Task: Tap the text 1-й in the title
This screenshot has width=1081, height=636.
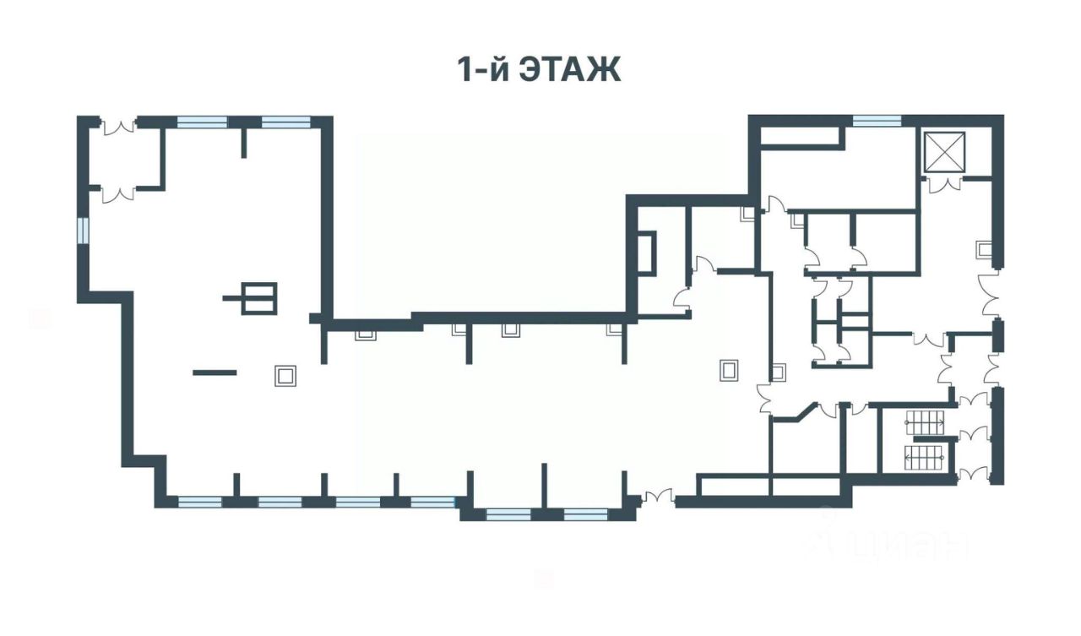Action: point(482,70)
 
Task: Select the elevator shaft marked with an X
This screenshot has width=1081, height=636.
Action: point(942,151)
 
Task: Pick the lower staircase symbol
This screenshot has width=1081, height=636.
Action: point(923,459)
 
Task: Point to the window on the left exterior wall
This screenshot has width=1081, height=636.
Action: point(83,231)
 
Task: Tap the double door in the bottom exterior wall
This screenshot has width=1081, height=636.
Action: point(656,498)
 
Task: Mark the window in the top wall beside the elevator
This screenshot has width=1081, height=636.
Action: point(877,121)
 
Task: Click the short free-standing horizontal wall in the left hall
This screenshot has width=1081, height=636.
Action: point(215,372)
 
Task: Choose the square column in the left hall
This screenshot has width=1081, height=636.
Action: point(285,375)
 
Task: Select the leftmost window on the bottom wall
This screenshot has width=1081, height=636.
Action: point(200,502)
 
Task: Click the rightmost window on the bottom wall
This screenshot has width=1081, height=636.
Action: point(586,514)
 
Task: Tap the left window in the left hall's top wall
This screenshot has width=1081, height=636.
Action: point(202,122)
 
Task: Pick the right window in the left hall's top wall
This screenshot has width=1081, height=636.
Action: point(286,122)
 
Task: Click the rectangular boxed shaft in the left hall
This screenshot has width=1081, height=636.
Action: point(258,297)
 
